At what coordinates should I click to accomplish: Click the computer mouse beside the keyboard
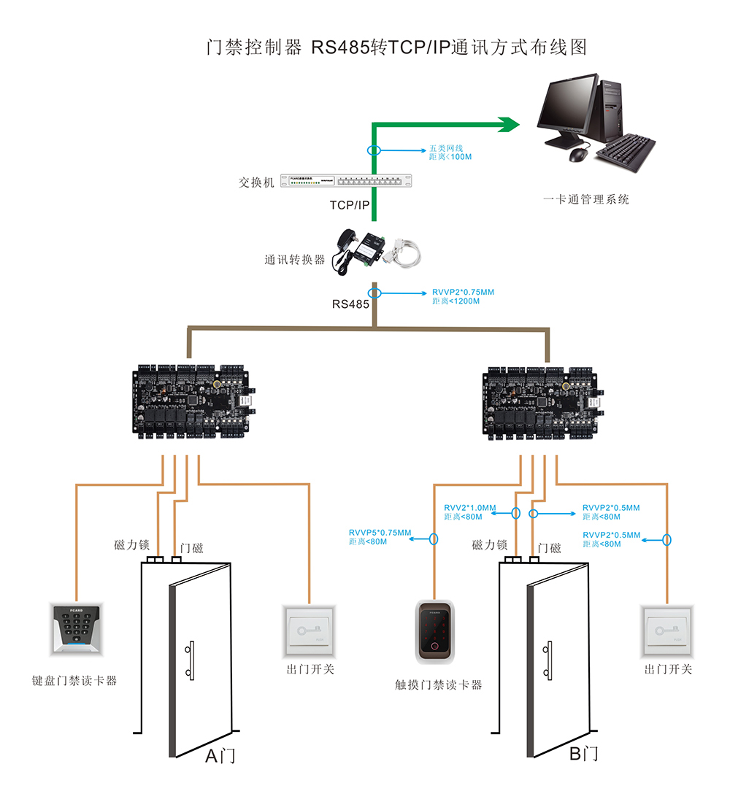578,154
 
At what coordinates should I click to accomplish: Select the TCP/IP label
350,205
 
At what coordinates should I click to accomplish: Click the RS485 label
350,304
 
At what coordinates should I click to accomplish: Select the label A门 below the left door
220,756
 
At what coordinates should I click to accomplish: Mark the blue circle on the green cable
374,150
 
